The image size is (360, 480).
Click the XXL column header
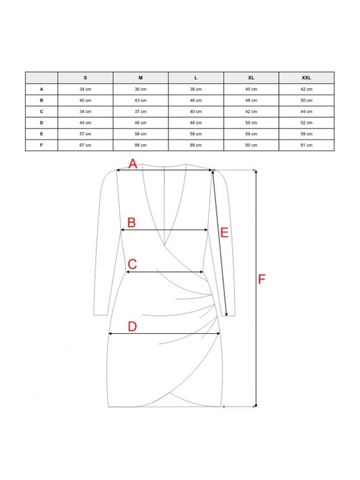click(306, 78)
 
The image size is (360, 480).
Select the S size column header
click(85, 78)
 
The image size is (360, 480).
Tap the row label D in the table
click(41, 123)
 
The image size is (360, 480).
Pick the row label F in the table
click(41, 145)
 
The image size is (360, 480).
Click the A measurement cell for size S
click(85, 89)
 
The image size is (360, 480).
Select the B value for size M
click(141, 100)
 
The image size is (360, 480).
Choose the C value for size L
click(196, 111)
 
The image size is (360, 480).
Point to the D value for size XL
click(251, 123)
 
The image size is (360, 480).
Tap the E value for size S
click(85, 134)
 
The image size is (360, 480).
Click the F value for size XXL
click(306, 145)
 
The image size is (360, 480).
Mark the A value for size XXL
click(306, 89)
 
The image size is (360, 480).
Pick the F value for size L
click(196, 145)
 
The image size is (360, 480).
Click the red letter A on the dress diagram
click(132, 164)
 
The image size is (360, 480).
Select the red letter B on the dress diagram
click(132, 223)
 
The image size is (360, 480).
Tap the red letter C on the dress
click(132, 264)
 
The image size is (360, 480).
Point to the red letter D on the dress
click(132, 327)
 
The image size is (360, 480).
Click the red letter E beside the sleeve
click(224, 233)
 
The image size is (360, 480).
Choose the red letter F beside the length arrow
click(262, 279)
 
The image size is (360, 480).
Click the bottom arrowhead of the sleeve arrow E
click(226, 314)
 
